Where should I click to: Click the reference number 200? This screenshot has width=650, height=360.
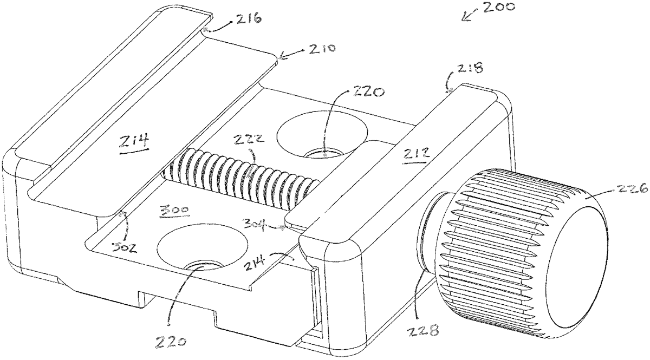499,6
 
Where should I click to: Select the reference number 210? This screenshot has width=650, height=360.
323,48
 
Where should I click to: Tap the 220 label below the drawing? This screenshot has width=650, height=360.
170,342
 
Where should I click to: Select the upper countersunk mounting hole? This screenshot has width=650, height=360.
322,135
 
